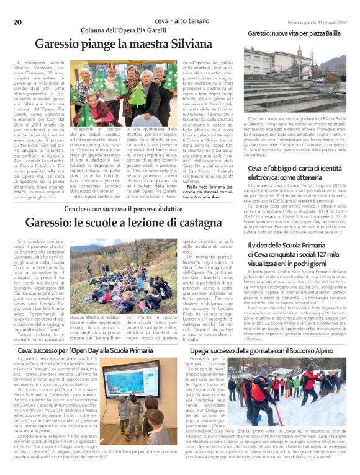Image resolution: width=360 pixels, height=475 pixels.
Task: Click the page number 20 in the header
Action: (x=17, y=6)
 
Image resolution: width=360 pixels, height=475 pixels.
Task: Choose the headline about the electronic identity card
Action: (x=295, y=172)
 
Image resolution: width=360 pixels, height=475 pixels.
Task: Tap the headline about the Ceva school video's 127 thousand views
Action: (x=295, y=254)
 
